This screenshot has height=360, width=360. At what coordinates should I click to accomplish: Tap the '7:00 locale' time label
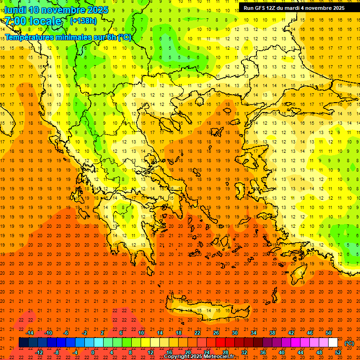(33, 21)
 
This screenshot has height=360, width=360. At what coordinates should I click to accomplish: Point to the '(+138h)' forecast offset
(83, 21)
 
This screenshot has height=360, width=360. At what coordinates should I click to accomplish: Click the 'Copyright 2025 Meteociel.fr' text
(199, 357)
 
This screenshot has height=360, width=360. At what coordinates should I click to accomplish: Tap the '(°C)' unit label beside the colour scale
(349, 343)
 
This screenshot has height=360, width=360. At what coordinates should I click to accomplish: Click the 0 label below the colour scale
(93, 352)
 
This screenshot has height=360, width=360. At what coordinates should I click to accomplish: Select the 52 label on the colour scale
(338, 352)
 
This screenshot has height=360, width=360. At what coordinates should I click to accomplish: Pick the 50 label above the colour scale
(329, 332)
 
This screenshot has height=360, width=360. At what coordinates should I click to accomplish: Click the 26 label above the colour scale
(216, 332)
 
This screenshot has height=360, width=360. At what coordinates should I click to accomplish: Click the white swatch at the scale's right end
(333, 343)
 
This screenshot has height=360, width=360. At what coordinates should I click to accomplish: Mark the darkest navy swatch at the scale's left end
(23, 343)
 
